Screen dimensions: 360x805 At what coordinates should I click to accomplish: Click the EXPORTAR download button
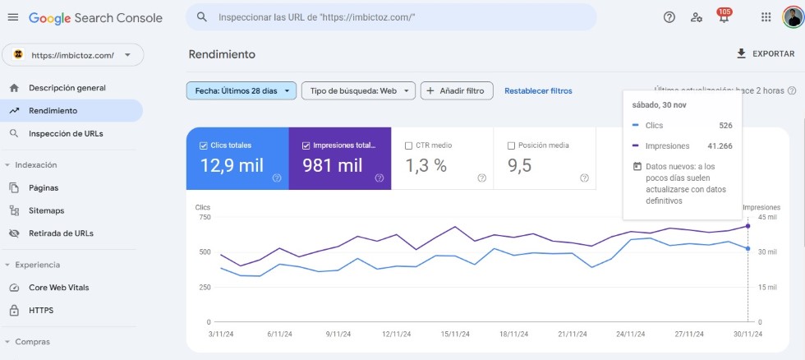coord(766,53)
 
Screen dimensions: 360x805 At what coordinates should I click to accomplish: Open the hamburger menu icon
coord(12,17)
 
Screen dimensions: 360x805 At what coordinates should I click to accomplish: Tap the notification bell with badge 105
coord(724,18)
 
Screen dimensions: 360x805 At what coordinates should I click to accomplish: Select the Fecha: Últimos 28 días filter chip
coord(241,90)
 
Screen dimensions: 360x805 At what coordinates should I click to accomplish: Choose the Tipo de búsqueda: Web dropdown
coord(358,90)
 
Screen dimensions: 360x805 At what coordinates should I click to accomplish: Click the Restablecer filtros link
coord(538,90)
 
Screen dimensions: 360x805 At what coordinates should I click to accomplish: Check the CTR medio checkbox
coord(409,145)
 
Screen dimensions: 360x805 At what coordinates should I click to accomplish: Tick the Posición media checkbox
coord(512,145)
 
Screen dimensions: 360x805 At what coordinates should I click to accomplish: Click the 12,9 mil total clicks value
coord(232,165)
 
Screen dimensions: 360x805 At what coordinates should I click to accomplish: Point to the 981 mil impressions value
coord(333,165)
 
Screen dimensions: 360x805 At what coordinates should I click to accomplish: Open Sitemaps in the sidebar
coord(46,210)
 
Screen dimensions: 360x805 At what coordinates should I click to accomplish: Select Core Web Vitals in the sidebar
coord(58,288)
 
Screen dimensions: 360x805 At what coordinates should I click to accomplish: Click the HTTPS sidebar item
coord(41,311)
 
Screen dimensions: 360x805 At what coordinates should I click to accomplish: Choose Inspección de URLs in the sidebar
coord(66,133)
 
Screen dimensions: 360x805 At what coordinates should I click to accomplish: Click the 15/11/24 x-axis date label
coord(455,334)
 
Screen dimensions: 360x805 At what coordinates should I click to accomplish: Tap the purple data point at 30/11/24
coord(747,225)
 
